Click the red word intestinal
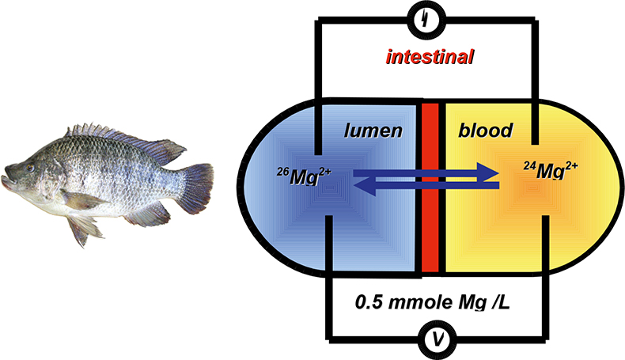pyautogui.click(x=430, y=57)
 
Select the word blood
pyautogui.click(x=484, y=131)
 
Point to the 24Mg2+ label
pyautogui.click(x=555, y=169)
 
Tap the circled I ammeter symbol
pyautogui.click(x=430, y=18)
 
